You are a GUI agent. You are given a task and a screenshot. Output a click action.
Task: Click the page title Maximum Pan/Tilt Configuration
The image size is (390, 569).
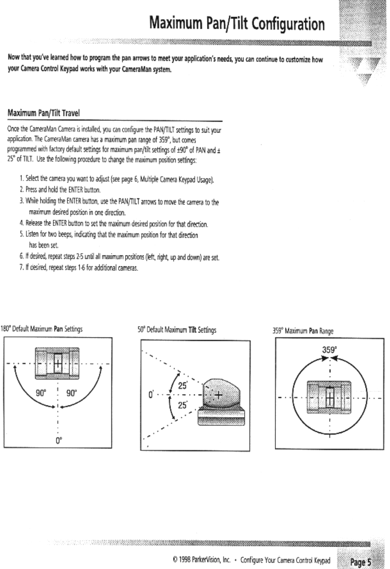(x=237, y=24)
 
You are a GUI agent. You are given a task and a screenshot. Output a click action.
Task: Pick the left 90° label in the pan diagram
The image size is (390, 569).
(x=41, y=393)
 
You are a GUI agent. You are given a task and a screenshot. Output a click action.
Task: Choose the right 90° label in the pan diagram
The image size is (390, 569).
(x=72, y=393)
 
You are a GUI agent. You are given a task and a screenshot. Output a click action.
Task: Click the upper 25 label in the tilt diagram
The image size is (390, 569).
(x=183, y=386)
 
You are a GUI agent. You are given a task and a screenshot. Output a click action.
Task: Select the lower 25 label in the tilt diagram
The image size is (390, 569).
(x=183, y=405)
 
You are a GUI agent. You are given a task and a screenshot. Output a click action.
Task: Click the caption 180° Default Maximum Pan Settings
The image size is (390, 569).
(x=42, y=329)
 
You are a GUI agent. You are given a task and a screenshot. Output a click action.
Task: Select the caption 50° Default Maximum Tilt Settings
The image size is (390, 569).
(x=177, y=330)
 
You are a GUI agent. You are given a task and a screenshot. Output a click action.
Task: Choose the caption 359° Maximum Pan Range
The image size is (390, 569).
(x=303, y=331)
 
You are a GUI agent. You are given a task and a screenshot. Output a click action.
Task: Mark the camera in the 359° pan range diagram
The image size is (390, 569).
(x=329, y=397)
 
